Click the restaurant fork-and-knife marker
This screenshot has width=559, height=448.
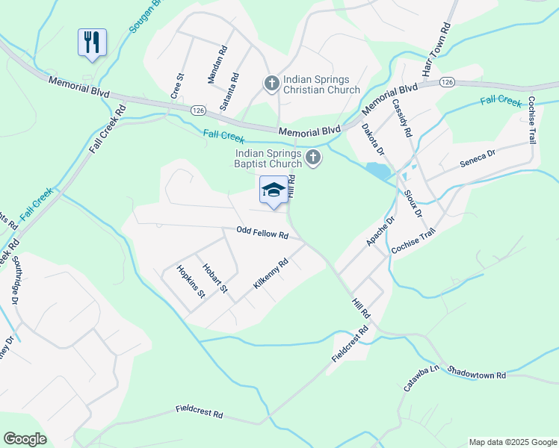point(92,42)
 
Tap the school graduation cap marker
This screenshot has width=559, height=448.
point(274,190)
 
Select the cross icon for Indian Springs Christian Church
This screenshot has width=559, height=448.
point(271,82)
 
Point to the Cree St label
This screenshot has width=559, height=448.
point(178,87)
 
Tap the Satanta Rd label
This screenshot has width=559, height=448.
point(229,92)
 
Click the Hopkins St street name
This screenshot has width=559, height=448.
point(190,281)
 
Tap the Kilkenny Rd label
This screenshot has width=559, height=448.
point(271,274)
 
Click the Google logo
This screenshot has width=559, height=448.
point(25,439)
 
